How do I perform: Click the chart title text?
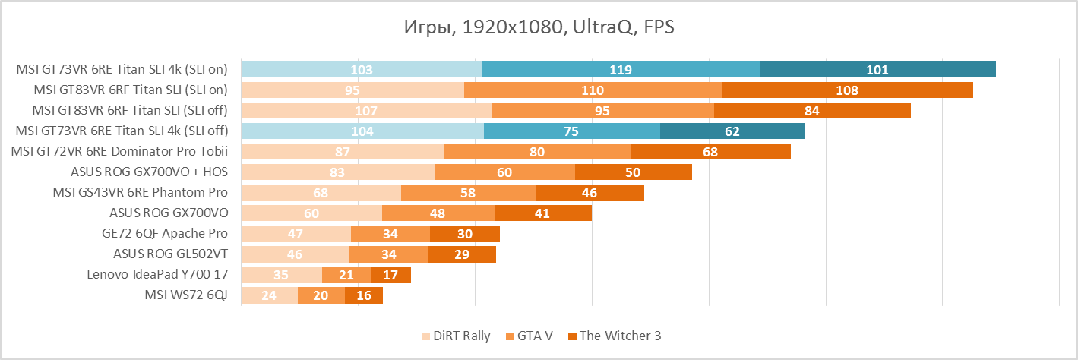pyautogui.click(x=539, y=28)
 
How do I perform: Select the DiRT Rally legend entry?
pyautogui.click(x=456, y=336)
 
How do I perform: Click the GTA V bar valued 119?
pyautogui.click(x=621, y=70)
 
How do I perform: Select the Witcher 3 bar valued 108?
pyautogui.click(x=847, y=90)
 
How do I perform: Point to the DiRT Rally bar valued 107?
pyautogui.click(x=366, y=111)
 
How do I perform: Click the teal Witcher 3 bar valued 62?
pyautogui.click(x=732, y=131)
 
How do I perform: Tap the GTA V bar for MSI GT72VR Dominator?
pyautogui.click(x=537, y=152)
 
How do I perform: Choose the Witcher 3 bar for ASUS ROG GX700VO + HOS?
pyautogui.click(x=633, y=172)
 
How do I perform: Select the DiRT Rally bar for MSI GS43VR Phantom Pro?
pyautogui.click(x=321, y=193)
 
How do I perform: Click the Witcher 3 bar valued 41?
pyautogui.click(x=542, y=213)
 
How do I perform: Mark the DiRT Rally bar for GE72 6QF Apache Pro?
pyautogui.click(x=296, y=234)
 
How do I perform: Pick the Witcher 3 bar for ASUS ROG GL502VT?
pyautogui.click(x=462, y=254)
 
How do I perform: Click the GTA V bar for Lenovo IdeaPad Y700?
pyautogui.click(x=346, y=275)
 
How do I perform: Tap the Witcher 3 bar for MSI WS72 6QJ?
pyautogui.click(x=364, y=295)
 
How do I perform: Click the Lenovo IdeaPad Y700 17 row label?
pyautogui.click(x=157, y=275)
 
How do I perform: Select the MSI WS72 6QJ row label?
pyautogui.click(x=186, y=295)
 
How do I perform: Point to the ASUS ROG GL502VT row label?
pyautogui.click(x=170, y=254)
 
